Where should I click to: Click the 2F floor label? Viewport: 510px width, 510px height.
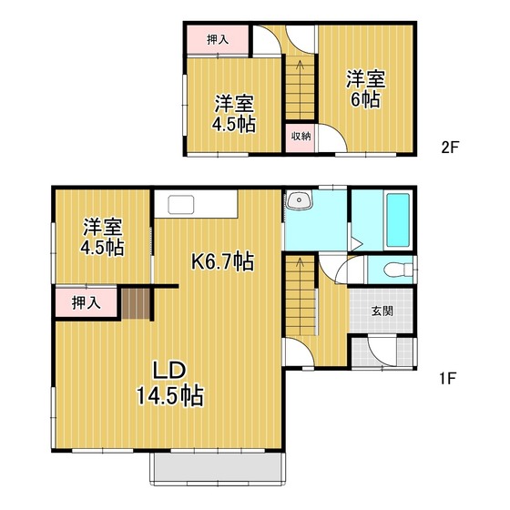click(450, 148)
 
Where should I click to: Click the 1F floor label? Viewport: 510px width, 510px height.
click(448, 378)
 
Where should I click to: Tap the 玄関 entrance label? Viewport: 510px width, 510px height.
click(382, 311)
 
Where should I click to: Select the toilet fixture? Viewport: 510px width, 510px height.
click(398, 270)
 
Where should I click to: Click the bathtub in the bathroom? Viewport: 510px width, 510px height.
click(398, 219)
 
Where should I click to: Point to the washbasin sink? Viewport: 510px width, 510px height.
click(299, 199)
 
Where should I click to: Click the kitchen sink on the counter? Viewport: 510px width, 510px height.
click(181, 205)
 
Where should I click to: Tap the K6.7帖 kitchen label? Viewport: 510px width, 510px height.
click(222, 261)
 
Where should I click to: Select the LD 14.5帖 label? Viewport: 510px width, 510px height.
click(169, 383)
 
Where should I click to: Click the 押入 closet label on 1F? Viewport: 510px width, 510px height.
click(87, 302)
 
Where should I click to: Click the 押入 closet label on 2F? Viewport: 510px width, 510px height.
click(218, 40)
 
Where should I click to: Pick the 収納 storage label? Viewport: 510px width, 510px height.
click(301, 136)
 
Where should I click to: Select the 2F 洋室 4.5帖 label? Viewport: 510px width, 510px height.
click(234, 114)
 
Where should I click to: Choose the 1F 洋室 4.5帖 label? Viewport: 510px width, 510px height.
click(102, 237)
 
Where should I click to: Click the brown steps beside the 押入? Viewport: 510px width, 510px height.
click(136, 303)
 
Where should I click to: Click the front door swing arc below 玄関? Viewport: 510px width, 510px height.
click(382, 357)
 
